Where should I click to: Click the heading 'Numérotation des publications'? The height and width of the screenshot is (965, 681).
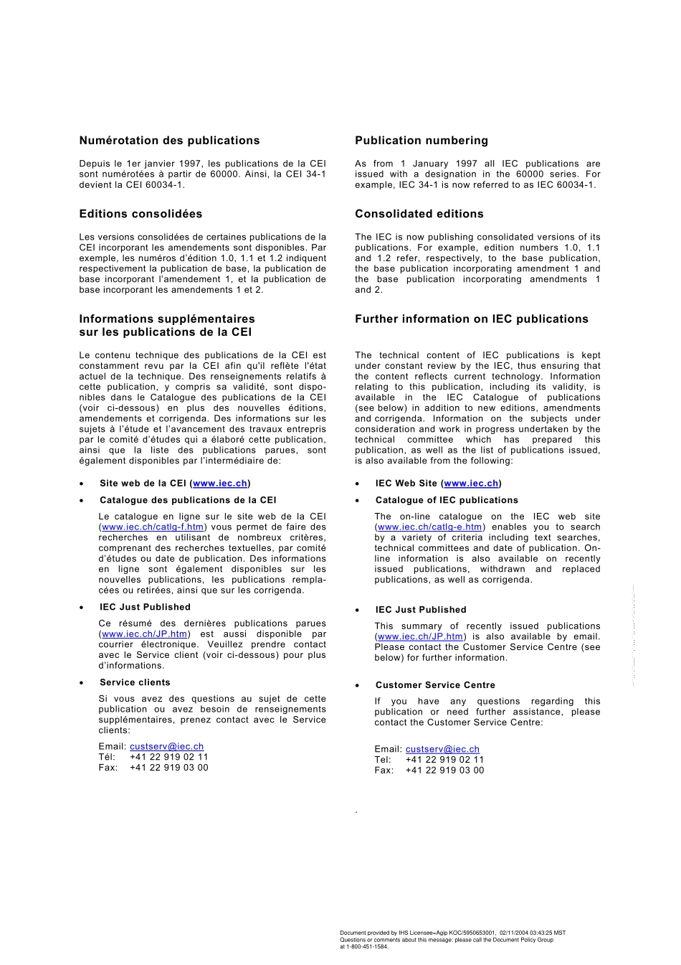pos(169,141)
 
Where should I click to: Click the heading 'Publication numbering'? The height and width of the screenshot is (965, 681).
pos(421,141)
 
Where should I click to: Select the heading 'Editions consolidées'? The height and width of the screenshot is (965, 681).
pos(141,214)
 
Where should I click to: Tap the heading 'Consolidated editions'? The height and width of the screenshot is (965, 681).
pos(419,214)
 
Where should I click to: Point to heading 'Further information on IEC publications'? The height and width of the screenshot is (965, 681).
pos(471,319)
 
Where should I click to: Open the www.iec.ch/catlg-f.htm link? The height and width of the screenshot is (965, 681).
pos(153,527)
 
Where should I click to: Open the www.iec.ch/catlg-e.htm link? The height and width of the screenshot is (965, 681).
pos(429,527)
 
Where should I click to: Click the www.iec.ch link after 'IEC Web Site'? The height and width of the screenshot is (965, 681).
pos(471,484)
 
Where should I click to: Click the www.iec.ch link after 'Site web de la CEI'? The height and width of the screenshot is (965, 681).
pos(220,484)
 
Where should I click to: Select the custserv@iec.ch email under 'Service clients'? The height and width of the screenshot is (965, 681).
pos(166,747)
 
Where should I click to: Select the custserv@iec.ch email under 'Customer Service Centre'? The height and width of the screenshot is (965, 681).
pos(442,749)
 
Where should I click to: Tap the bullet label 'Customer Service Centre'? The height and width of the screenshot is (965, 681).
pos(435,685)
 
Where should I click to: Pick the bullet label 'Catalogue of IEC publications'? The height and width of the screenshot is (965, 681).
pos(447,500)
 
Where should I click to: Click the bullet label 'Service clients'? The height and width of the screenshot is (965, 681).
pos(135,682)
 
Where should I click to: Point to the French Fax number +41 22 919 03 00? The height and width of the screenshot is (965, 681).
pos(168,768)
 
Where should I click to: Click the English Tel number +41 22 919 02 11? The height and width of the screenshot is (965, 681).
pos(444,760)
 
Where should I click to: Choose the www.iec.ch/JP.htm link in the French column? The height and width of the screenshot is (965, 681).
pos(144,634)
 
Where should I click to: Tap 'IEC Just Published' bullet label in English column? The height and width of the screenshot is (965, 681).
pos(421,610)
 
